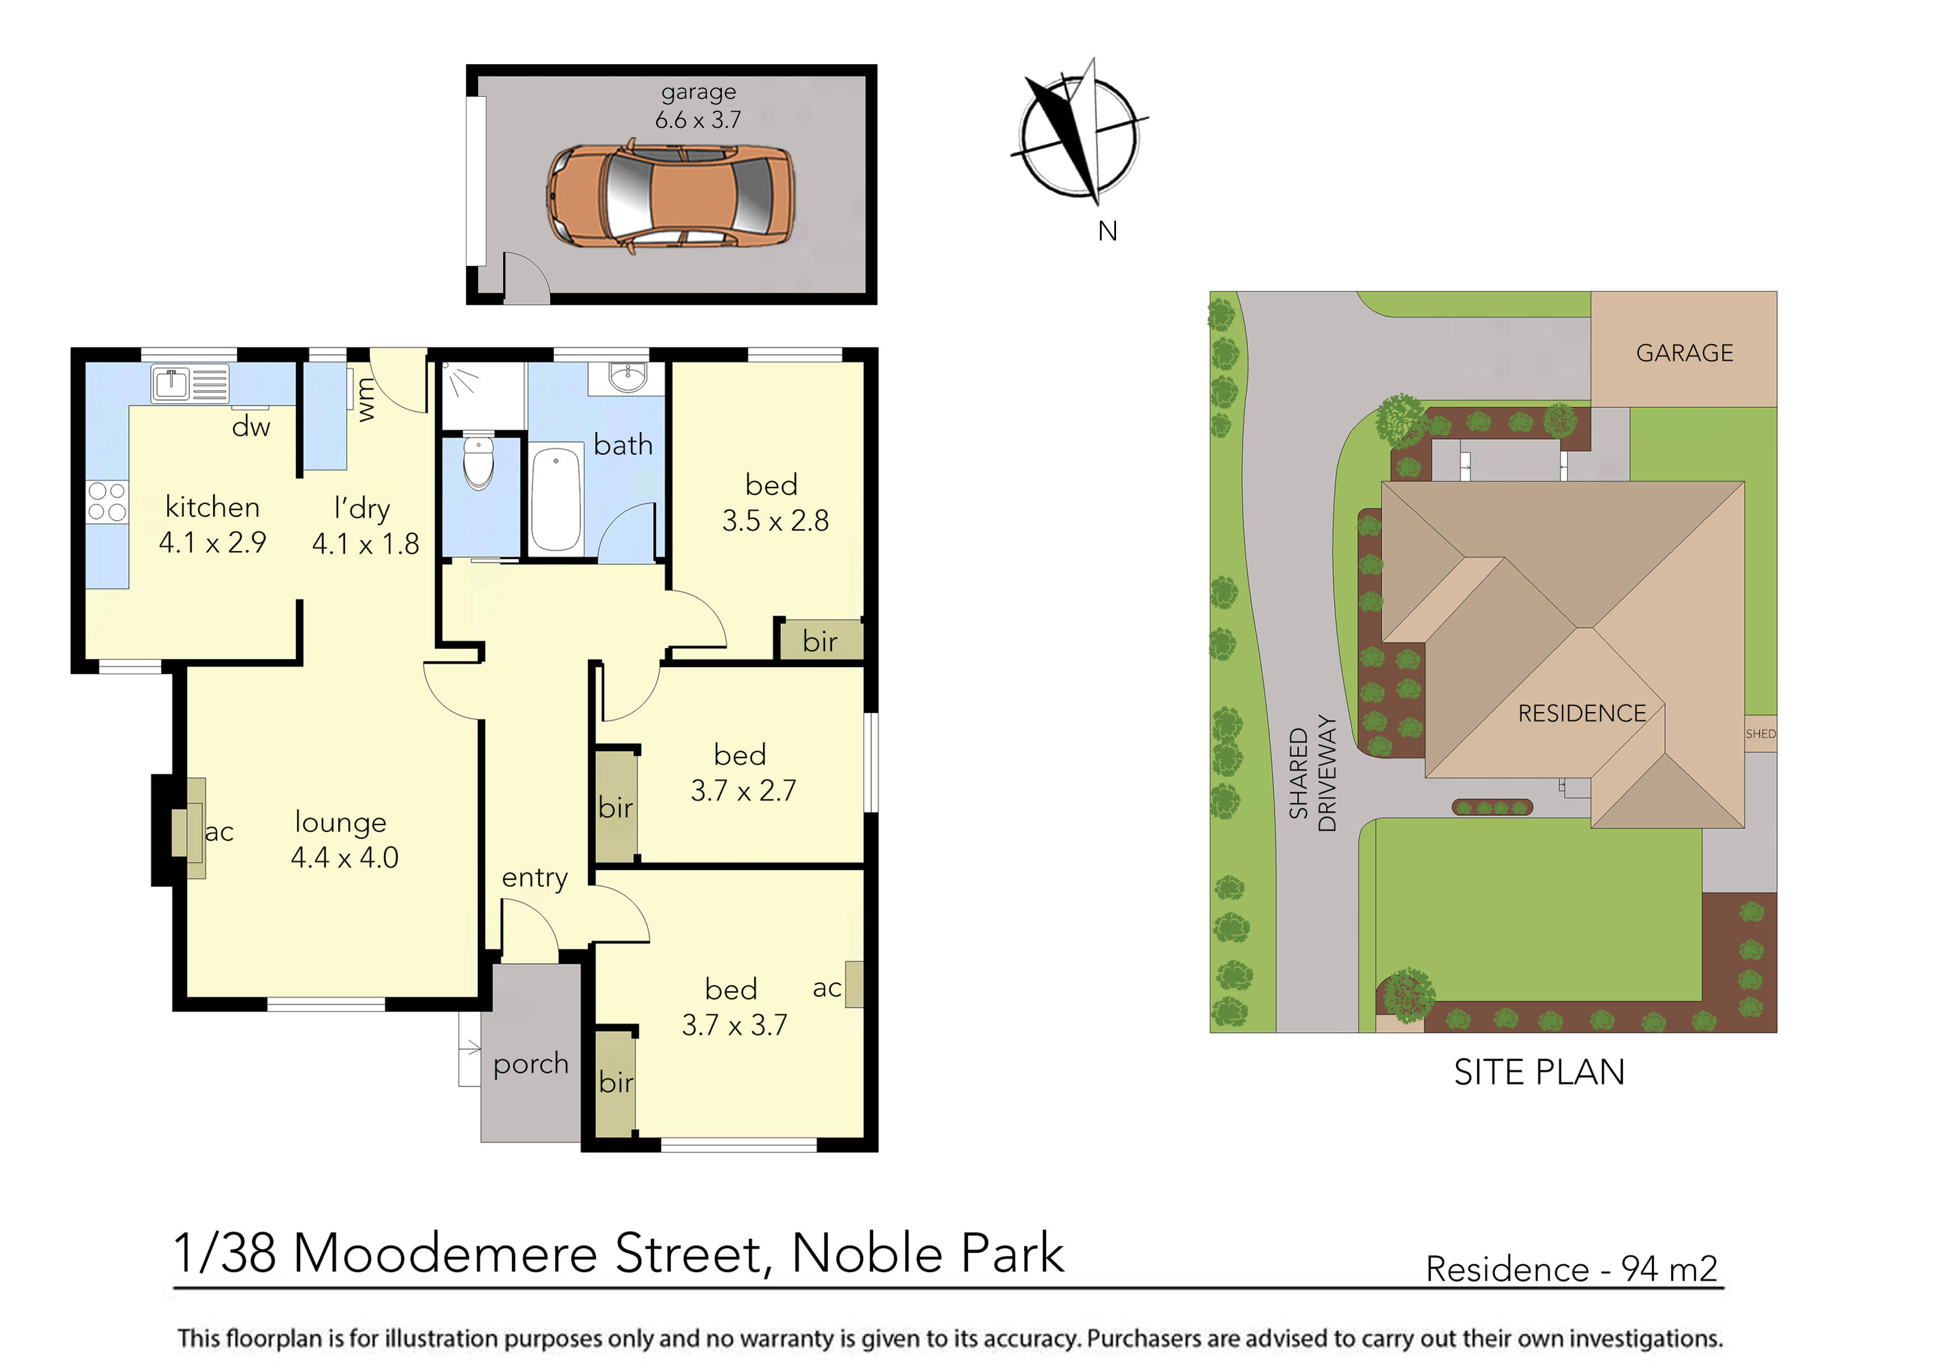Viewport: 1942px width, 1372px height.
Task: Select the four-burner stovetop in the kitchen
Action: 107,501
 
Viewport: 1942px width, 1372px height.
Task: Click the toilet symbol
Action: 479,462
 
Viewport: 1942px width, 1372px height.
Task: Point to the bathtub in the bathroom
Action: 556,499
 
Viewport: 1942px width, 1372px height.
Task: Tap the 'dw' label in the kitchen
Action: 251,428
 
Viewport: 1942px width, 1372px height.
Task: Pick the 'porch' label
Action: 530,1063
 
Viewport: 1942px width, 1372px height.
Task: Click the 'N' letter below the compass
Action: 1107,231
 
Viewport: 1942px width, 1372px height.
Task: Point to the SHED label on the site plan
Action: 1760,734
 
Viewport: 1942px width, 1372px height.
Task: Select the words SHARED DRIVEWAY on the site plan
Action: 1312,773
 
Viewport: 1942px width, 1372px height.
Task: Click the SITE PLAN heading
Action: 1538,1073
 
